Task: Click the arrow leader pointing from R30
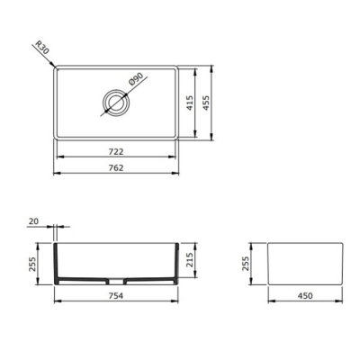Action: [50, 59]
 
